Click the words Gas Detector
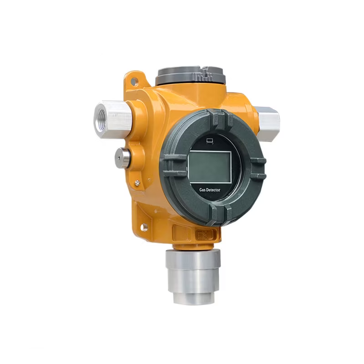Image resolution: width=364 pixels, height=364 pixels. (x=210, y=190)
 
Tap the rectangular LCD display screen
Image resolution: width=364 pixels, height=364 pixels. (x=210, y=167)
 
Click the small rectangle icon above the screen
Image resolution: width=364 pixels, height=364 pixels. (x=210, y=141)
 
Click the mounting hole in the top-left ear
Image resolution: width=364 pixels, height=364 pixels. (x=134, y=81)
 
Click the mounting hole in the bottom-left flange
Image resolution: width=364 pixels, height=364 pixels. (x=144, y=227)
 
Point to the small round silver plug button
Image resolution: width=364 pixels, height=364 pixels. (x=122, y=157)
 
